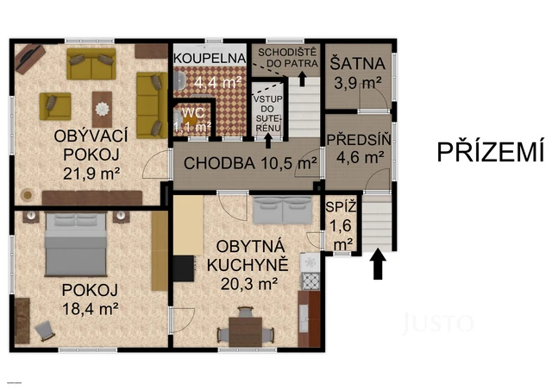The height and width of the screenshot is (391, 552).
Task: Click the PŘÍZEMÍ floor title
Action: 490,152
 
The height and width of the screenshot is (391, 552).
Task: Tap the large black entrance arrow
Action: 377,264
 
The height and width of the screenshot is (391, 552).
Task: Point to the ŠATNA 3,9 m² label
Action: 355,70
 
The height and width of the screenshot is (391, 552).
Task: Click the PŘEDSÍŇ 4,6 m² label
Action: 357,148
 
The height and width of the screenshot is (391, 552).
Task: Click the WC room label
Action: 191,118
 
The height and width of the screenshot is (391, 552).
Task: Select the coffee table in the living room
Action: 103,108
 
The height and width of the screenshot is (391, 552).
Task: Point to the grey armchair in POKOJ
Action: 47,330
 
